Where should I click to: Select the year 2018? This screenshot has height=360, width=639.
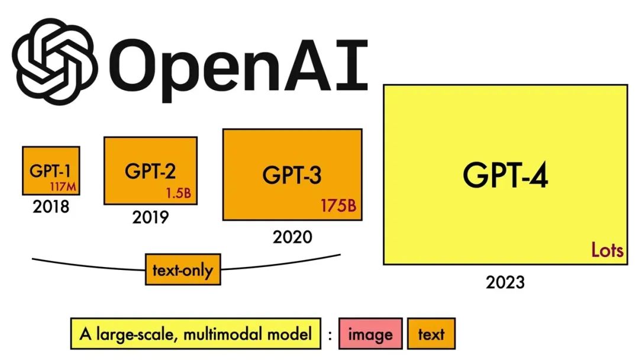pos(51,207)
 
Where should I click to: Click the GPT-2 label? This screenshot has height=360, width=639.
pos(150,171)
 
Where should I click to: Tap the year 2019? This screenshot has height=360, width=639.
pos(150,217)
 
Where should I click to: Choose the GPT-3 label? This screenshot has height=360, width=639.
pos(292,175)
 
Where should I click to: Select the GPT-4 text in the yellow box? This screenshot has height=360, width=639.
pos(505,175)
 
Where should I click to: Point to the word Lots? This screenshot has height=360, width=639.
pos(607,250)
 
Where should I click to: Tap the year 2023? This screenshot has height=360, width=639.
pos(505,282)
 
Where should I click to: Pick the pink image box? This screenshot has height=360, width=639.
pos(370,335)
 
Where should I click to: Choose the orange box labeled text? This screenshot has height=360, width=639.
pos(431,335)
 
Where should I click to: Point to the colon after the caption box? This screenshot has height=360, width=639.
pos(330,335)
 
